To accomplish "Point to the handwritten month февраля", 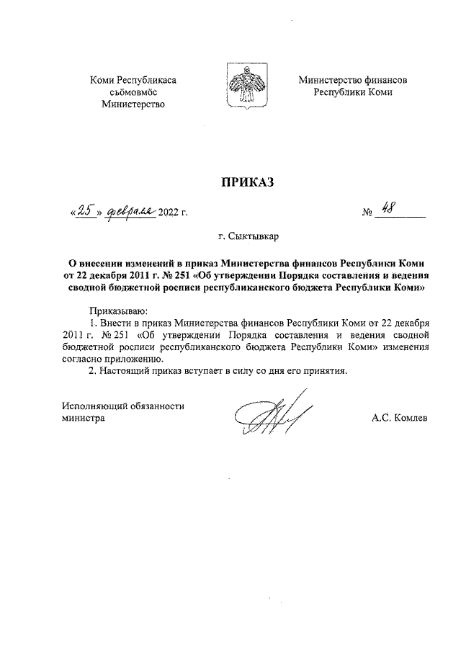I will click(130, 211).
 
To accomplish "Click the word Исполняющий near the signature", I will click(92, 406).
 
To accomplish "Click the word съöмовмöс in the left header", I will click(133, 92).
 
